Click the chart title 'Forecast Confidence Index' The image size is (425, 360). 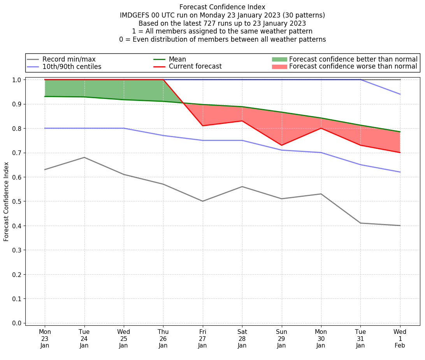pyautogui.click(x=222, y=7)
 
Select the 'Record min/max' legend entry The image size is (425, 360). pyautogui.click(x=69, y=59)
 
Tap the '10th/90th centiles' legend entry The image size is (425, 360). pyautogui.click(x=72, y=67)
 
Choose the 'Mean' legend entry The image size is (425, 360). pyautogui.click(x=177, y=59)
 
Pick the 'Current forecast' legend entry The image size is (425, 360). pyautogui.click(x=195, y=67)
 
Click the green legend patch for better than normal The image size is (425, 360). pyautogui.click(x=279, y=59)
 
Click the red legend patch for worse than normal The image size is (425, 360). pyautogui.click(x=279, y=67)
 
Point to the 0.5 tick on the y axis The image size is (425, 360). pyautogui.click(x=17, y=201)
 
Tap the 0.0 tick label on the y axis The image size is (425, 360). pyautogui.click(x=17, y=323)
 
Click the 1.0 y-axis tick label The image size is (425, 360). pyautogui.click(x=17, y=79)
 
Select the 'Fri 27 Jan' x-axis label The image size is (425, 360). pyautogui.click(x=202, y=339)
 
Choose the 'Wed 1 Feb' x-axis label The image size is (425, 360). pyautogui.click(x=400, y=339)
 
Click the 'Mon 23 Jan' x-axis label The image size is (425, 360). pyautogui.click(x=45, y=339)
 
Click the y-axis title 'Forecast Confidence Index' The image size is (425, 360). pyautogui.click(x=7, y=201)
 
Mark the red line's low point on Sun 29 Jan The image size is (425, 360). pyautogui.click(x=281, y=145)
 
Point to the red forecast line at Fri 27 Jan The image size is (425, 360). pyautogui.click(x=202, y=125)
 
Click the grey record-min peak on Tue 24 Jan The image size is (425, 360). pyautogui.click(x=84, y=157)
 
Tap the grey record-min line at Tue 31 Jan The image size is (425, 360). pyautogui.click(x=360, y=223)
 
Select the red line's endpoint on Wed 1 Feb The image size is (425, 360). pyautogui.click(x=400, y=152)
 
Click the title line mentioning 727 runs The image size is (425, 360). pyautogui.click(x=222, y=23)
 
